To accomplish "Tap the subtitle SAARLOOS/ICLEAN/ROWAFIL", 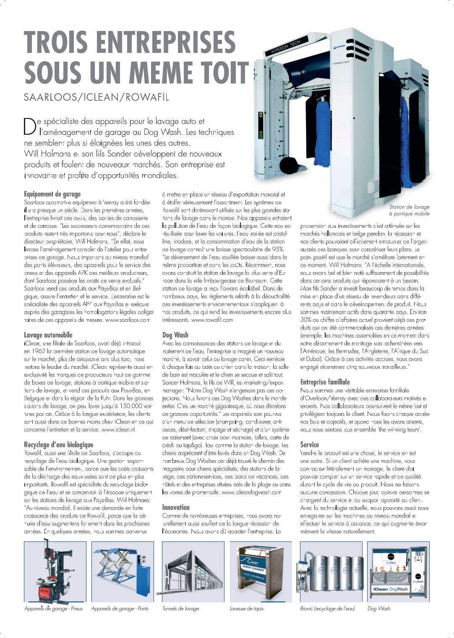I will click(96, 97).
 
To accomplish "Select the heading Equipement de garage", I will click(52, 194).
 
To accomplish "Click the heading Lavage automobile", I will click(48, 335).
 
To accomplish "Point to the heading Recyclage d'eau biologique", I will click(58, 445).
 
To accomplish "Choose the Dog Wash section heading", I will click(175, 335).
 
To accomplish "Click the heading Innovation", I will click(175, 507).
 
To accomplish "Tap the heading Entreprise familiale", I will click(325, 382).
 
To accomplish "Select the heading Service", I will click(309, 445).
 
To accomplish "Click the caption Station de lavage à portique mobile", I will click(409, 210).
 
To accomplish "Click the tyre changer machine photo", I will click(55, 572).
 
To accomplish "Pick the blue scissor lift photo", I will click(123, 572).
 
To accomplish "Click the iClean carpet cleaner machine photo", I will click(260, 572).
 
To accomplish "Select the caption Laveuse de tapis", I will click(246, 608).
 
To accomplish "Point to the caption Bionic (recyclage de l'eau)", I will click(327, 608).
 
